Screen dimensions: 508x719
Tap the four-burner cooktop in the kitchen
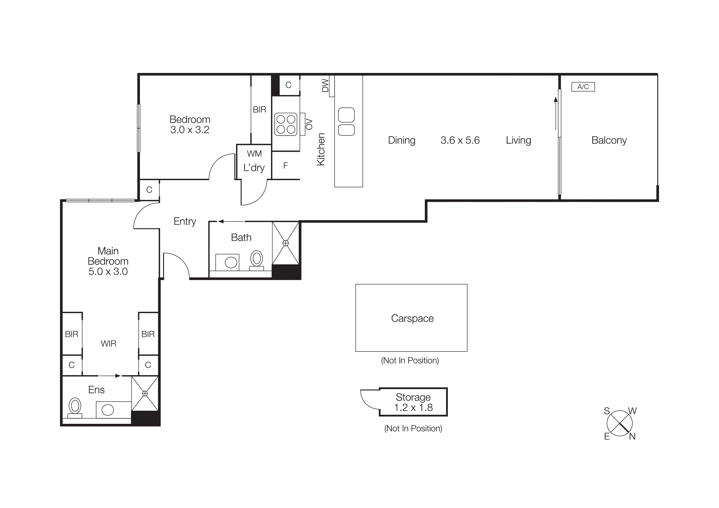point(286,124)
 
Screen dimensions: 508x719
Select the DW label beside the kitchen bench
point(325,85)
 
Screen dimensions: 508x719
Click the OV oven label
point(309,124)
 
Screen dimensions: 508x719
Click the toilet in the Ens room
point(75,407)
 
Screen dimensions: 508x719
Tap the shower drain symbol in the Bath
point(286,243)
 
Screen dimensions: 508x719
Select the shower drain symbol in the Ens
point(145,393)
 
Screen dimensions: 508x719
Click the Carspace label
point(412,318)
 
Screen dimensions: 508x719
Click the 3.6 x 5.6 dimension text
point(460,140)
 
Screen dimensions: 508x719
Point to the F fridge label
point(285,166)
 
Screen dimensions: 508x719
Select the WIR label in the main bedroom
point(108,344)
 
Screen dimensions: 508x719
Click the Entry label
point(184,221)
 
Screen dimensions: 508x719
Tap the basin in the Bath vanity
point(231,262)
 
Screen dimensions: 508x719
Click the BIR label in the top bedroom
point(259,110)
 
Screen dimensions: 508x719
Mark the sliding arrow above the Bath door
point(231,221)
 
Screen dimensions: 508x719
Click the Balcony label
point(609,140)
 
